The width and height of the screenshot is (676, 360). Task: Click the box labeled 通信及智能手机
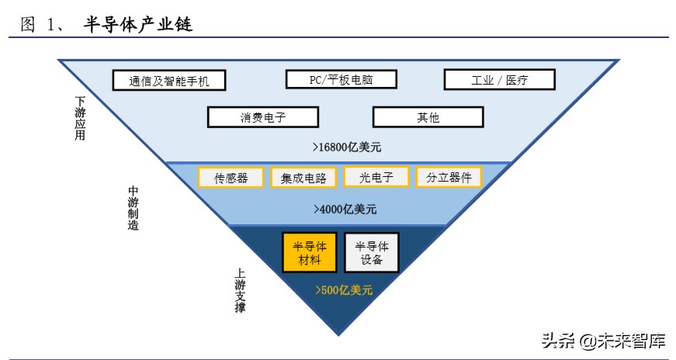pos(169,80)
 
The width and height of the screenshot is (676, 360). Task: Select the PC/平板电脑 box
pos(341,79)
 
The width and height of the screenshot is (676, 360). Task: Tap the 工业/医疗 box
pos(499,79)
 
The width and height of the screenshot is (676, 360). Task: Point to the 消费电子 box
pos(262,117)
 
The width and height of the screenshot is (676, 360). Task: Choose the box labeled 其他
pos(428,117)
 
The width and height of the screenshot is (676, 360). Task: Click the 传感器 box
pos(231,178)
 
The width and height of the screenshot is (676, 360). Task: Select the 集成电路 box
pos(303,178)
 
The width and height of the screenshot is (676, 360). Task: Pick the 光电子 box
pos(376,177)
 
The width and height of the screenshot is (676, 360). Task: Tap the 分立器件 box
pos(449,177)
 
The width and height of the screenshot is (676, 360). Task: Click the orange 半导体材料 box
pos(309,252)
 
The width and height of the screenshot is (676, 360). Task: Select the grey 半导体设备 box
pos(372,252)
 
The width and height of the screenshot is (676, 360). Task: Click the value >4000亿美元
pos(345,209)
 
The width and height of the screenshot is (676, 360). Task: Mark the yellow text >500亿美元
pos(343,290)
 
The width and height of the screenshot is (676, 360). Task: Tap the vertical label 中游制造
pos(133,208)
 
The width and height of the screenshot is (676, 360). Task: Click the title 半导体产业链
pos(137,25)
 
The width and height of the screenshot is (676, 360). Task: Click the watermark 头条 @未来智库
pos(603,340)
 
